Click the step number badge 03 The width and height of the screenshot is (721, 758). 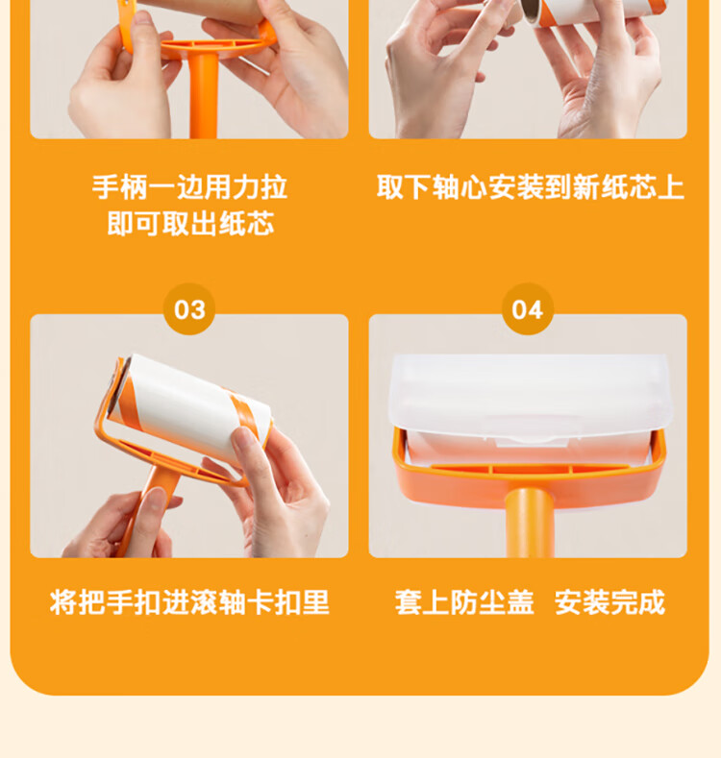pyautogui.click(x=189, y=309)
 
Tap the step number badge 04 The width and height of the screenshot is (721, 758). pyautogui.click(x=528, y=309)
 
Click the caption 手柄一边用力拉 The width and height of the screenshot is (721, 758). pyautogui.click(x=189, y=187)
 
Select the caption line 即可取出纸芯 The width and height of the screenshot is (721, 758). pyautogui.click(x=190, y=223)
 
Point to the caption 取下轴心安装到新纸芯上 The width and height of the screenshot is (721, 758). pyautogui.click(x=531, y=187)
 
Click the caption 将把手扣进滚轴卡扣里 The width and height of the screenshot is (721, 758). pyautogui.click(x=189, y=602)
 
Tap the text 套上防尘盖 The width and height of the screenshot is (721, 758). pyautogui.click(x=464, y=602)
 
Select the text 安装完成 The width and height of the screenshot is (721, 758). pyautogui.click(x=610, y=602)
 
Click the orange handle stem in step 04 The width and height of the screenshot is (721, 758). pyautogui.click(x=529, y=523)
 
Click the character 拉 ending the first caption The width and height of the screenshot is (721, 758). pyautogui.click(x=274, y=187)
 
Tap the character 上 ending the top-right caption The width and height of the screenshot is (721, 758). pyautogui.click(x=671, y=187)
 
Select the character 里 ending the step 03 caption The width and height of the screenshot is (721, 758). pyautogui.click(x=316, y=602)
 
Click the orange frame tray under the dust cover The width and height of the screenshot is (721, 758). pyautogui.click(x=530, y=477)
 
